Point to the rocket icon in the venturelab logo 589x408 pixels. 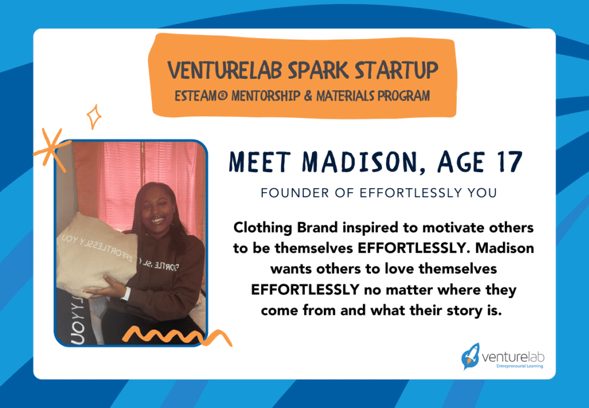click(470, 356)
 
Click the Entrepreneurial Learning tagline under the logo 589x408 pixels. click(516, 366)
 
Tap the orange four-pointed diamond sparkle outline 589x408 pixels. click(94, 117)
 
